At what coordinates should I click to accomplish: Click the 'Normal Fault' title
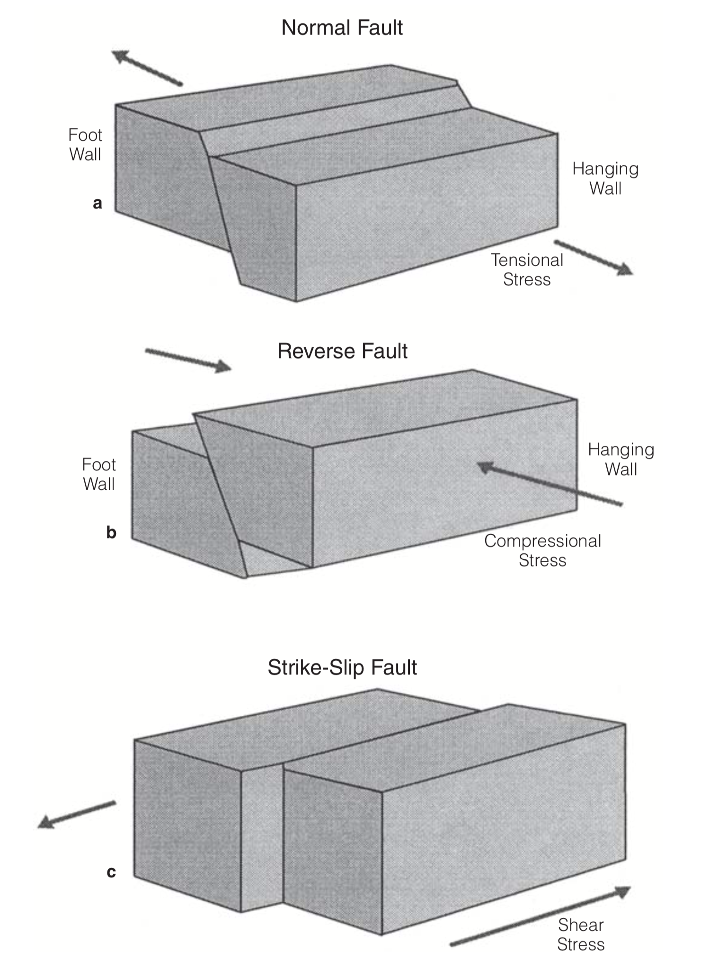pos(342,27)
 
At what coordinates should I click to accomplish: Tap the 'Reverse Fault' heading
pos(342,351)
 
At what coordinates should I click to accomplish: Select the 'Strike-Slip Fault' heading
pos(342,667)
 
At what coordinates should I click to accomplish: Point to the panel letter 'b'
pos(111,533)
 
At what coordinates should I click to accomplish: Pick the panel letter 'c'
pos(111,872)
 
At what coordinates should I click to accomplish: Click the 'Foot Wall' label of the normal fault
pos(85,145)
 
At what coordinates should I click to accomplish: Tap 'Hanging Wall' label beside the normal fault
pos(605,179)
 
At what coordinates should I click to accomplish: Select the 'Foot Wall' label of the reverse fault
pos(99,474)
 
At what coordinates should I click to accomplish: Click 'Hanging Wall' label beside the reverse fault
pos(621,459)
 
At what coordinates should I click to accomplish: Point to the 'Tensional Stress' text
pos(527,269)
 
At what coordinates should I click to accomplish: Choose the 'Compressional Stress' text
pos(542,550)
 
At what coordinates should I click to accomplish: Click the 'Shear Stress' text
pos(581,934)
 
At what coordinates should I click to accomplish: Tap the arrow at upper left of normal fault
pos(147,68)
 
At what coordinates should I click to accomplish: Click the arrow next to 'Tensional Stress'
pos(594,258)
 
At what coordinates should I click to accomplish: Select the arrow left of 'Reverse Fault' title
pos(188,360)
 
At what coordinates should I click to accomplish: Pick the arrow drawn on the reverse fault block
pos(549,485)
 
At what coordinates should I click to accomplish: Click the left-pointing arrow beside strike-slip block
pos(76,814)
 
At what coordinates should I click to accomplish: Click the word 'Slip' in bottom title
pos(349,667)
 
